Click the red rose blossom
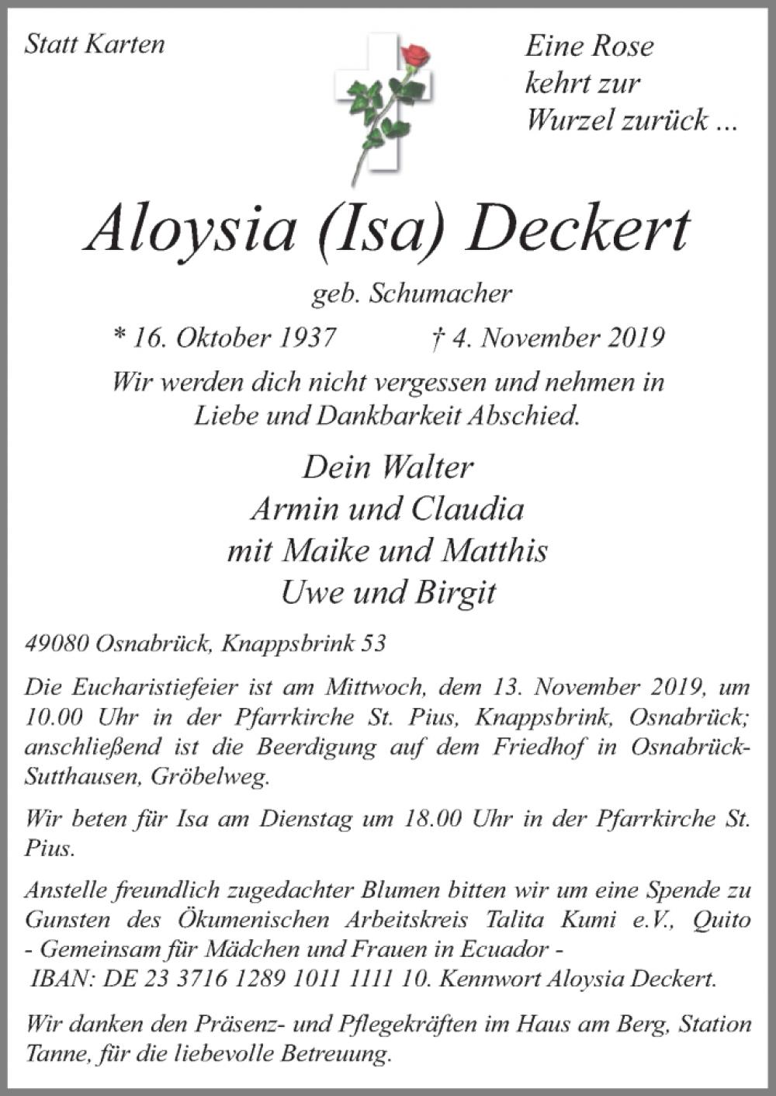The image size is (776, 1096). tap(415, 55)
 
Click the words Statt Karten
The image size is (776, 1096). tap(95, 44)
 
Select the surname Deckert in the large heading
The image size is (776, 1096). tap(580, 231)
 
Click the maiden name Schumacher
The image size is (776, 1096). tap(442, 293)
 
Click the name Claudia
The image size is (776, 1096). tap(468, 509)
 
